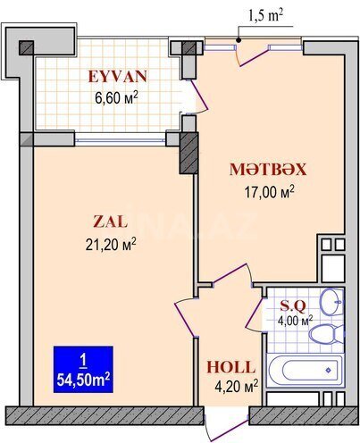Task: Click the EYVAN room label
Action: click(118, 76)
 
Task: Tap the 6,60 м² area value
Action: click(116, 97)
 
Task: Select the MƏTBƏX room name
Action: click(268, 169)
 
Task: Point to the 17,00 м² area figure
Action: click(270, 191)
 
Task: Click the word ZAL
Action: click(111, 221)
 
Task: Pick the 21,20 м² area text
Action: click(111, 244)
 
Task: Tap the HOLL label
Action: click(231, 367)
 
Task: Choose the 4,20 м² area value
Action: click(236, 387)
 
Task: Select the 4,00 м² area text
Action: click(295, 321)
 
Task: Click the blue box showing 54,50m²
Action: click(83, 370)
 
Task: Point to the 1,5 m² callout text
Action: click(265, 16)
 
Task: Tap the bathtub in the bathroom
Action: click(305, 371)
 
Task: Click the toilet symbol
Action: click(327, 334)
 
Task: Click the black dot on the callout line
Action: click(239, 40)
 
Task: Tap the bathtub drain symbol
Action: click(328, 371)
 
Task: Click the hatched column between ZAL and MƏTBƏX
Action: click(188, 153)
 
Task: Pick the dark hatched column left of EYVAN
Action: click(27, 48)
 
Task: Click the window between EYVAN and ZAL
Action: click(121, 139)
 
